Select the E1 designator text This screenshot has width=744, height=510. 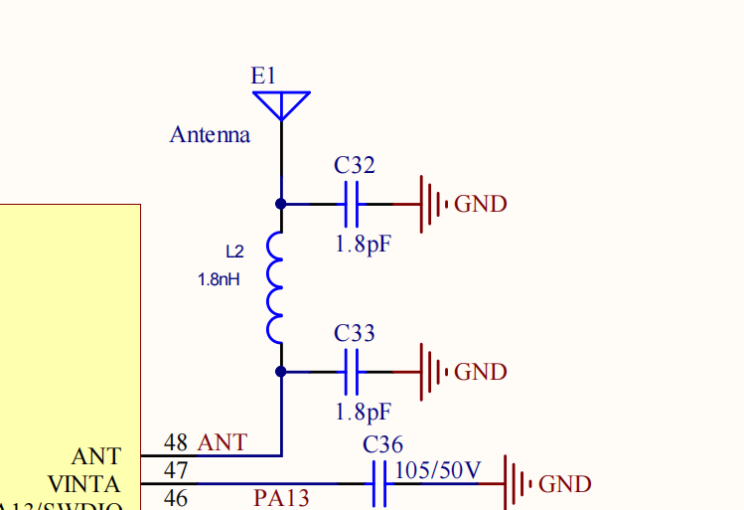(x=264, y=76)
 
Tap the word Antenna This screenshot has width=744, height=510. (x=210, y=134)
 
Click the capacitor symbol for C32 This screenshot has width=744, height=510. (x=351, y=204)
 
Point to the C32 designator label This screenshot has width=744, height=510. (x=355, y=166)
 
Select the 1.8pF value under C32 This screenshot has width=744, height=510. (x=363, y=244)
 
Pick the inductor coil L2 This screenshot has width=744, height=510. (x=275, y=288)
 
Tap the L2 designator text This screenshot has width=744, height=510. (x=234, y=253)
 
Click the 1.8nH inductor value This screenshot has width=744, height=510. (x=219, y=280)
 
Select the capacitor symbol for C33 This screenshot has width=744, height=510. (x=351, y=372)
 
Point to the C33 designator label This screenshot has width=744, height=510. (x=355, y=333)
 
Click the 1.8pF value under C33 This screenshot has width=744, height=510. (x=363, y=412)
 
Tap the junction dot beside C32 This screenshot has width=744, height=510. (x=281, y=204)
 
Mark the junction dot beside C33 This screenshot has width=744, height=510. (x=281, y=372)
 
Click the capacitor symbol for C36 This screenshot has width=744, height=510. (x=378, y=484)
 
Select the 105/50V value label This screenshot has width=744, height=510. (x=438, y=468)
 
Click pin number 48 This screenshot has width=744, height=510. (x=176, y=442)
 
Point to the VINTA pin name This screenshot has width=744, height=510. (x=83, y=484)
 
